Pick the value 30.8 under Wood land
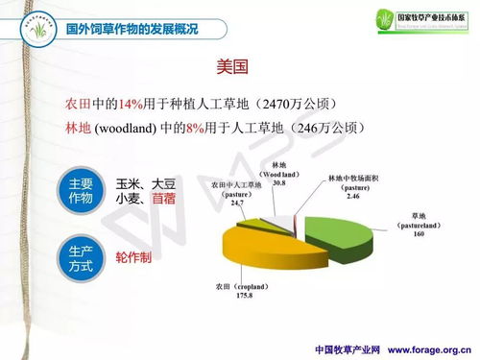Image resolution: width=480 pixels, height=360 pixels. coord(279,181)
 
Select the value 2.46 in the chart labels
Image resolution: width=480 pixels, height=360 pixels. coord(354,196)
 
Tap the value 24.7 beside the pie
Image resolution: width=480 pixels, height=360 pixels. coord(236,204)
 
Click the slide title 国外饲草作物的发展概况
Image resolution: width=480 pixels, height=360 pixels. coord(131,29)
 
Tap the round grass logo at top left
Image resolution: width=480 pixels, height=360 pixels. coord(28,28)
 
